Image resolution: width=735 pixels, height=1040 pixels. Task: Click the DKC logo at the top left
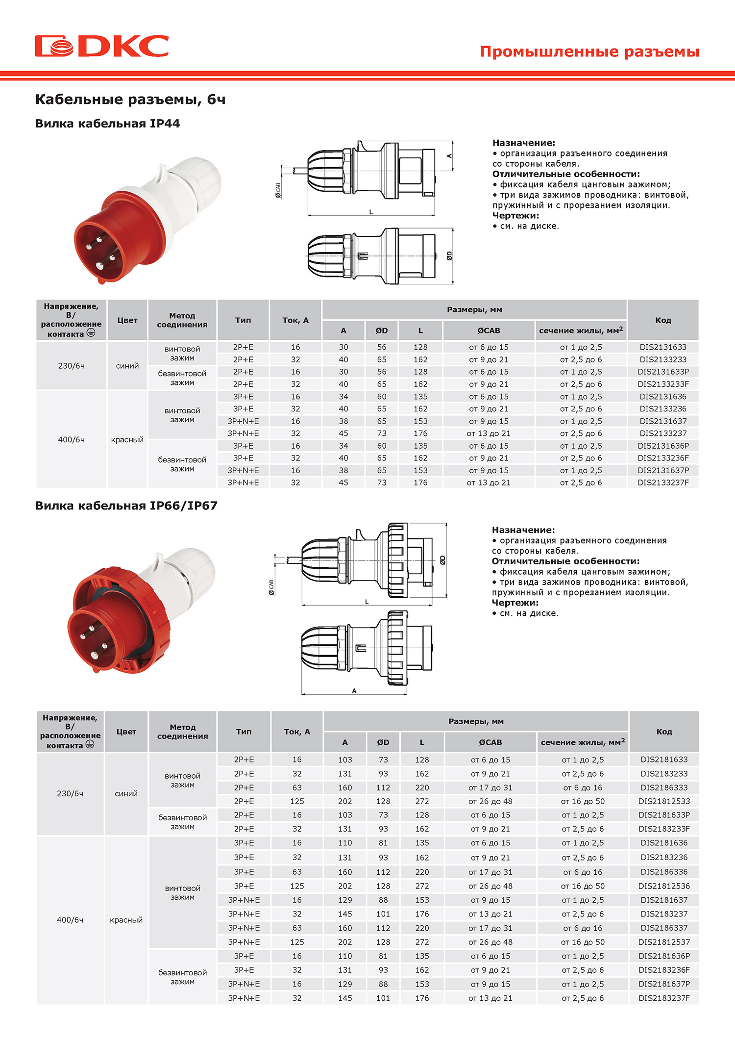click(102, 46)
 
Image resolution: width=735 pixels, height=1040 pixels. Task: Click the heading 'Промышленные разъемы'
click(589, 51)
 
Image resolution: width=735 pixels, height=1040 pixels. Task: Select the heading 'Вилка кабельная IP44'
click(107, 124)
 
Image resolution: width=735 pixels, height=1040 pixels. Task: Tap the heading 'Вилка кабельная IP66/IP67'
click(126, 506)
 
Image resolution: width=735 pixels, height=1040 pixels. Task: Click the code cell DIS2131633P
click(663, 372)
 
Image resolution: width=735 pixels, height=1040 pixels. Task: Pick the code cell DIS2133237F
click(663, 482)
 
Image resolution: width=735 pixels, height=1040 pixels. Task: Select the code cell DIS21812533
click(664, 801)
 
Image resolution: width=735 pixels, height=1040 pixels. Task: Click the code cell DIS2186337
click(664, 928)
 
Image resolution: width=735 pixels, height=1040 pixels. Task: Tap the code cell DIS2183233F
click(664, 829)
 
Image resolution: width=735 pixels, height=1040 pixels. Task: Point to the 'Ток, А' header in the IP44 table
click(295, 320)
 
